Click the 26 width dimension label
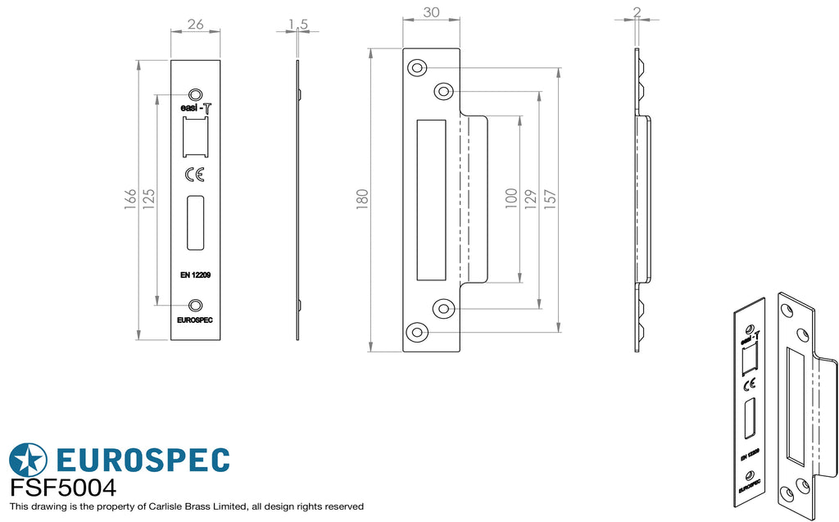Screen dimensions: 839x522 (196, 24)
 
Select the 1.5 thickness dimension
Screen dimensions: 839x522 (298, 24)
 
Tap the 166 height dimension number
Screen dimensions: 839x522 (130, 199)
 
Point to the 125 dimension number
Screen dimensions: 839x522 (149, 199)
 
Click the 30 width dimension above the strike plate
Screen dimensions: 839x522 (431, 12)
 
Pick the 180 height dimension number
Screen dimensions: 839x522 (362, 199)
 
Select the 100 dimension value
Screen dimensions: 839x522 (511, 198)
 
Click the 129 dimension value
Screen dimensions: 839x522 (530, 199)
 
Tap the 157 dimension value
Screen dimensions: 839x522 (550, 199)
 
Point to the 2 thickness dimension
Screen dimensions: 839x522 (637, 11)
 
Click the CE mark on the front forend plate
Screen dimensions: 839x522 (195, 175)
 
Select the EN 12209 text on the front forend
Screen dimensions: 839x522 (195, 275)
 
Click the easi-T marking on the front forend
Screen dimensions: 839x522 (196, 107)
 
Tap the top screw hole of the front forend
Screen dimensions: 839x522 (196, 94)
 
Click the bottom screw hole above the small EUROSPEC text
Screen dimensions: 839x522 (196, 306)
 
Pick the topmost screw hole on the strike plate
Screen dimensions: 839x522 (417, 68)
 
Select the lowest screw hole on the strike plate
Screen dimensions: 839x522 (417, 333)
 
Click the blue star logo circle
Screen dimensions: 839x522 (28, 460)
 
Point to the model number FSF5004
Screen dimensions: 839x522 (63, 488)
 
